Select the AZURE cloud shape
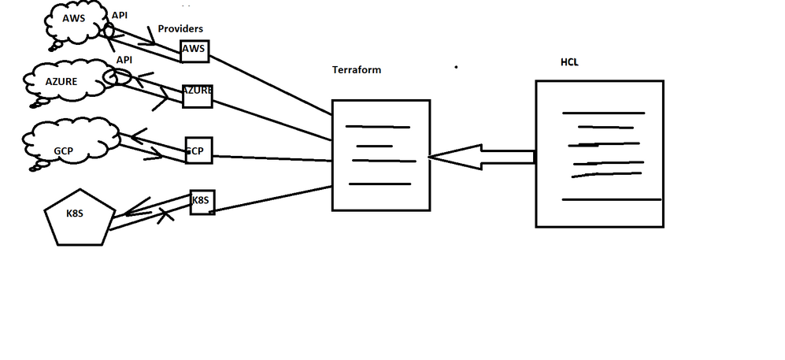[x=63, y=80]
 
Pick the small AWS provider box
[x=194, y=50]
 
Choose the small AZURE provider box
[x=197, y=95]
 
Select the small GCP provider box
[x=198, y=150]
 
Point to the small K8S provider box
[x=202, y=202]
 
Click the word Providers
[x=180, y=28]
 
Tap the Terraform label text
[x=357, y=70]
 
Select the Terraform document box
[x=380, y=155]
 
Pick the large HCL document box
[x=598, y=154]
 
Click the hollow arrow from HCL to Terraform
[x=480, y=157]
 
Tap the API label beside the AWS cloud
[x=120, y=15]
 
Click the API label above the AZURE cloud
[x=124, y=60]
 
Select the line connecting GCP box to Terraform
[x=272, y=157]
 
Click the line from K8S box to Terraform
[x=272, y=199]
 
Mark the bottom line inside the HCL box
[x=611, y=200]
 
